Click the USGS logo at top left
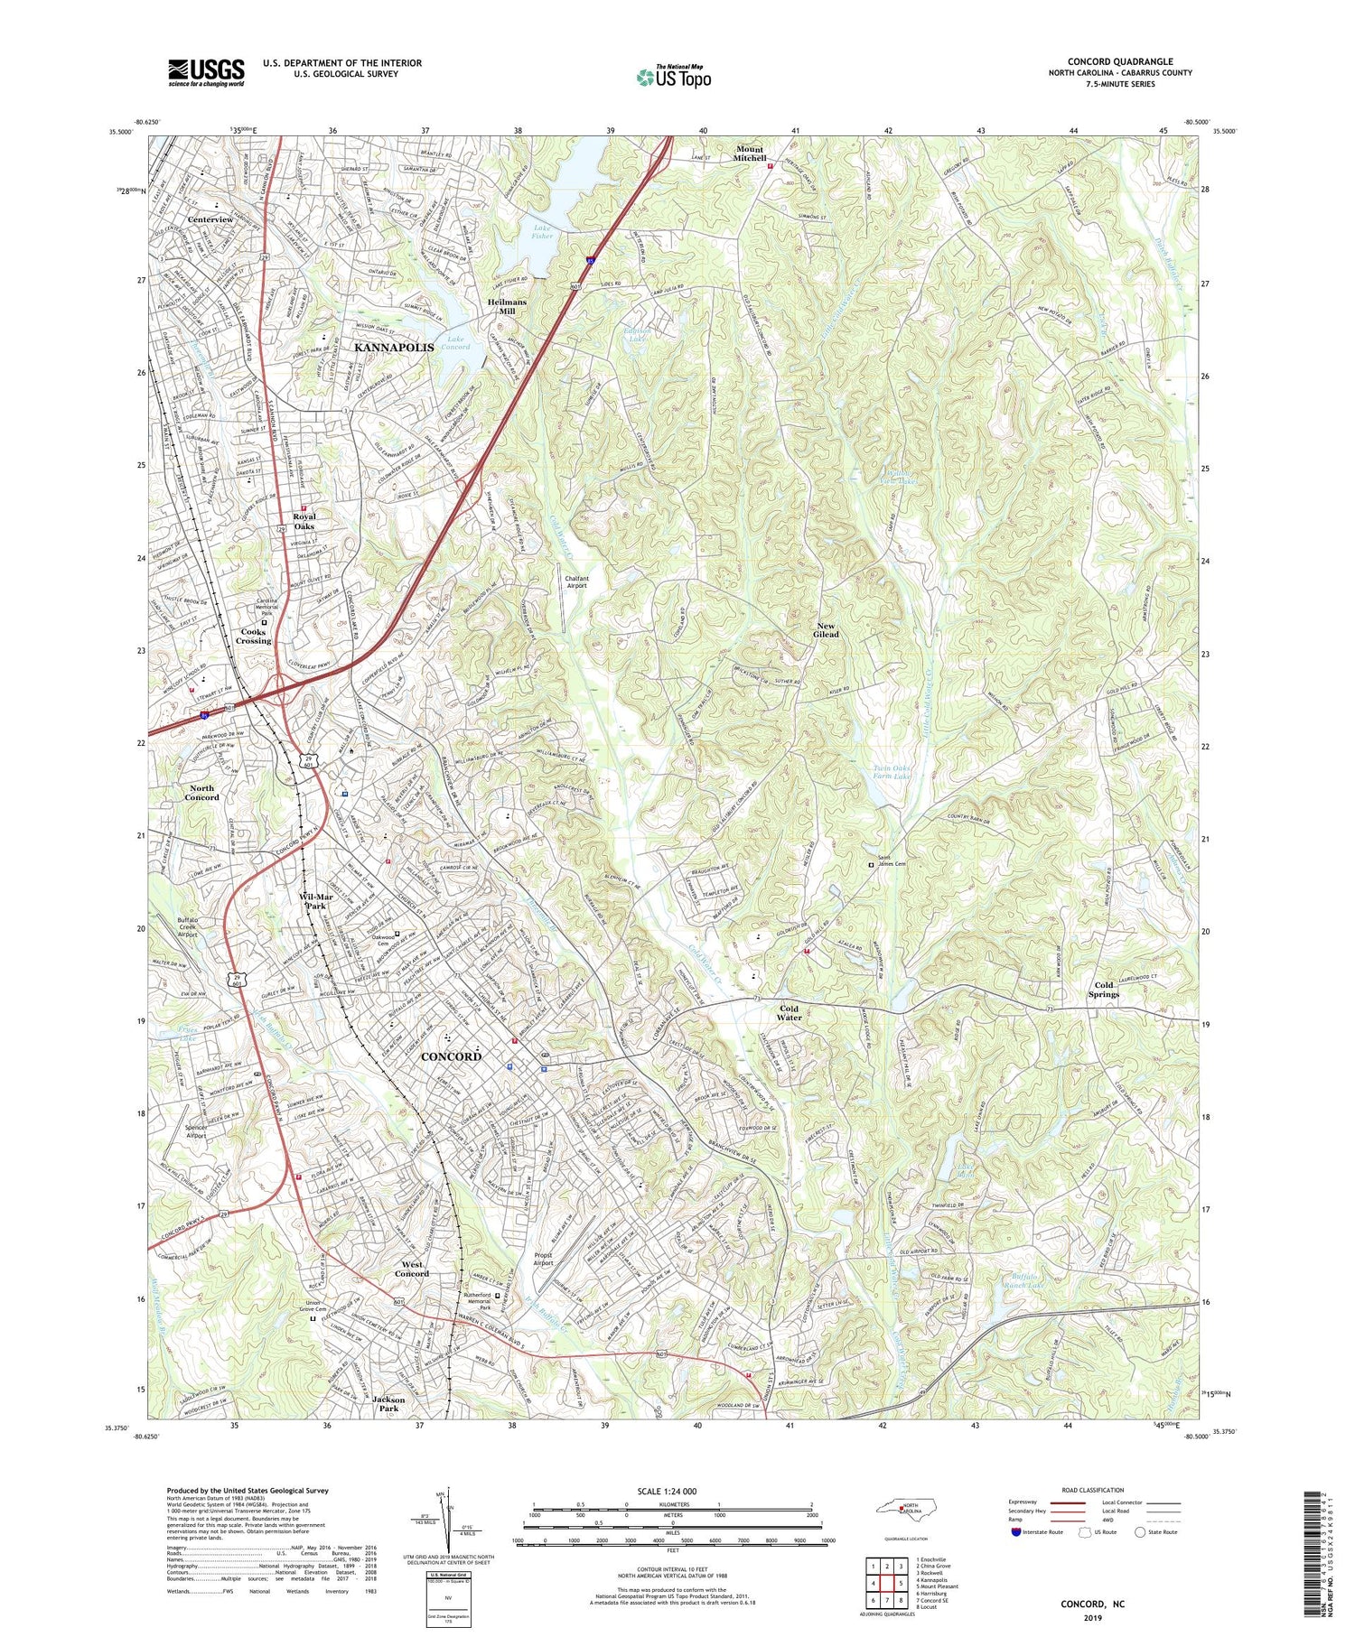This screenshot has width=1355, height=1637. pos(206,72)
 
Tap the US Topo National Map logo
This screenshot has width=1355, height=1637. pos(674,78)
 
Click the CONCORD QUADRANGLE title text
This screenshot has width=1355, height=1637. pos(1120,61)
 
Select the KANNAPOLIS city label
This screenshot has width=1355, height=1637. pos(394,347)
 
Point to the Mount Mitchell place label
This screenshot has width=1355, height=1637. pos(750,153)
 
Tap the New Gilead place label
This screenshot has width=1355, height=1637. pos(827,630)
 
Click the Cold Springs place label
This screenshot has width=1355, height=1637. pos(1104,990)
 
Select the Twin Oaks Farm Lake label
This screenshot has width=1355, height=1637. pos(891,772)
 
